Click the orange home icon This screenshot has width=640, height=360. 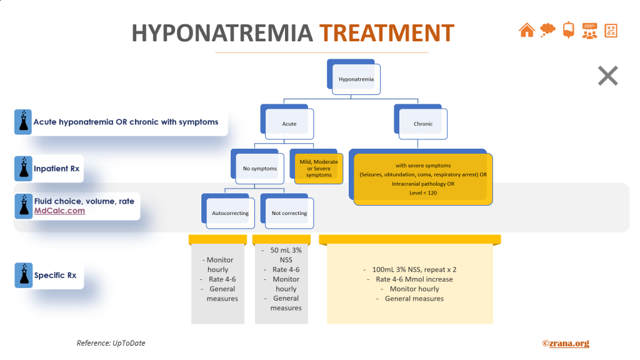[527, 29]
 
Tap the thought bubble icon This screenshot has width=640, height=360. [547, 29]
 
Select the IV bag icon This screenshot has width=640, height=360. [568, 29]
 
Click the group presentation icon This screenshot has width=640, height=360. [589, 30]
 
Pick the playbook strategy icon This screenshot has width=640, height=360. [611, 29]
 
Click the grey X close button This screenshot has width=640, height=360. [607, 76]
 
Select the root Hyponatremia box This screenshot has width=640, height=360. [356, 79]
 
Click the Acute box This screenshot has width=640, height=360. [289, 124]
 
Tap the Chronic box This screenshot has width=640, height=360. [423, 124]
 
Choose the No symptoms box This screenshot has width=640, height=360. [260, 169]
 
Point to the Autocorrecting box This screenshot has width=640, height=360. [230, 213]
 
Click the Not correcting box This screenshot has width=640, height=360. [289, 213]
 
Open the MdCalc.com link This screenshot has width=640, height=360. [59, 211]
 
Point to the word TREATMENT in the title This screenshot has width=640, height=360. [387, 32]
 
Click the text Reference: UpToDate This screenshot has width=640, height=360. [111, 343]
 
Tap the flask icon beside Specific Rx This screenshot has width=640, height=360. [23, 275]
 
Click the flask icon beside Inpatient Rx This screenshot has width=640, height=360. [23, 169]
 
